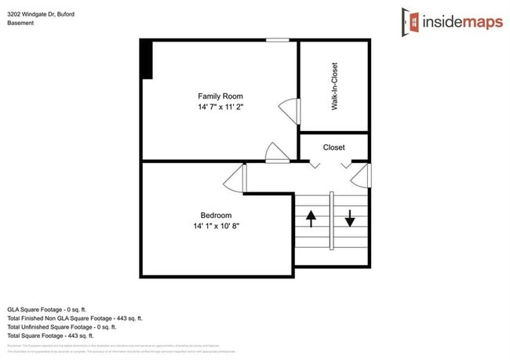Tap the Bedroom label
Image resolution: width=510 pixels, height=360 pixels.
point(216,215)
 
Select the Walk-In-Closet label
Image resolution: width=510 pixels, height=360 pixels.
point(334,87)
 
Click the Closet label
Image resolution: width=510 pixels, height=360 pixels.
point(333,147)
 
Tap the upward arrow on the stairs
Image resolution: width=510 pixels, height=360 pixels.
point(311,218)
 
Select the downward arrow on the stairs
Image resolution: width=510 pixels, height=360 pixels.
point(350,218)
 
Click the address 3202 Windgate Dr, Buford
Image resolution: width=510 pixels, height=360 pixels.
point(42,13)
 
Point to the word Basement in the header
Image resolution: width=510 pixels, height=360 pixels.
point(22,23)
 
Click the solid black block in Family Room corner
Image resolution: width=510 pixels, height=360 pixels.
point(146,59)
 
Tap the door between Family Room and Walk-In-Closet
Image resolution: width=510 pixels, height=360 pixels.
point(290,110)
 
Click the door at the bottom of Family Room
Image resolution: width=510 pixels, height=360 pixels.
point(276,152)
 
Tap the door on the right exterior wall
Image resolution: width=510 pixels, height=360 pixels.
point(362,175)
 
